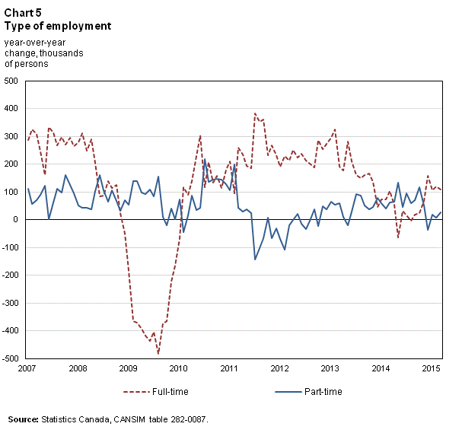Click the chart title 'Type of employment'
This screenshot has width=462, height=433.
(57, 26)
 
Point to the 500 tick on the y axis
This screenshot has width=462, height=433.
(13, 81)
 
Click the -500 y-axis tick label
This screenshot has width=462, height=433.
(11, 358)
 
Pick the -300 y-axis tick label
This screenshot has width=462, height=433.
(11, 302)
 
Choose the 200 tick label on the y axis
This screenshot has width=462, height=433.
(13, 164)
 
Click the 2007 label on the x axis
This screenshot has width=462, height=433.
(27, 369)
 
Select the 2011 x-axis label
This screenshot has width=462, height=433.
(229, 369)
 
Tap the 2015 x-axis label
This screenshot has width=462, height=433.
(431, 369)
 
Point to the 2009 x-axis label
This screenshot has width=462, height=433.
(129, 369)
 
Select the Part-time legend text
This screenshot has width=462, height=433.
(323, 392)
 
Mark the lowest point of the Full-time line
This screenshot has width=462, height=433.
(158, 354)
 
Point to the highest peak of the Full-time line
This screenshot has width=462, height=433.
(255, 113)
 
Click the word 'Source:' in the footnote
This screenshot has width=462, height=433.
(24, 419)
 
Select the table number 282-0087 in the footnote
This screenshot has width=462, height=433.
(183, 419)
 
